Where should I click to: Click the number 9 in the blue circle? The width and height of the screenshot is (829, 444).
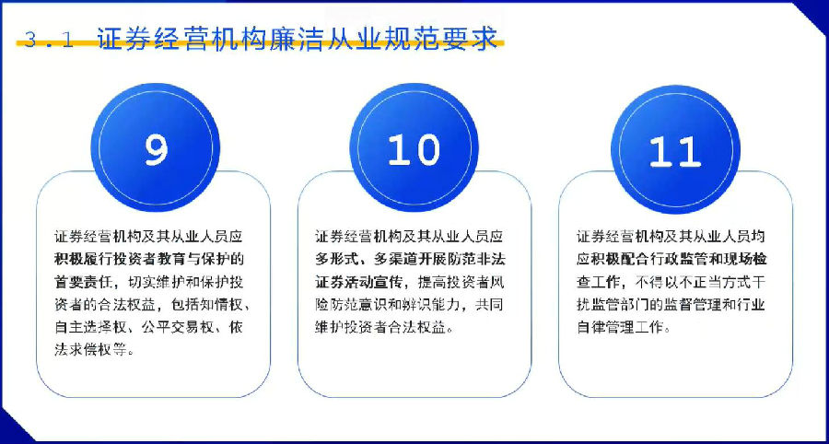[156, 149]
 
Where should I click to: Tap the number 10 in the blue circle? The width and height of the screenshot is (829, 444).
[414, 149]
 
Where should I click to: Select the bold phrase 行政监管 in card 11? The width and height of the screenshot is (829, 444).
[660, 259]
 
